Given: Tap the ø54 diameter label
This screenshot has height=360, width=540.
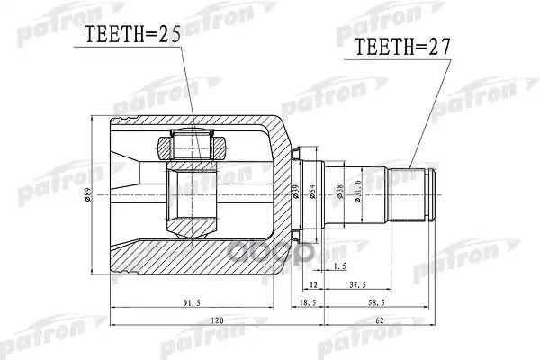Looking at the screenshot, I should coord(313,192).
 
